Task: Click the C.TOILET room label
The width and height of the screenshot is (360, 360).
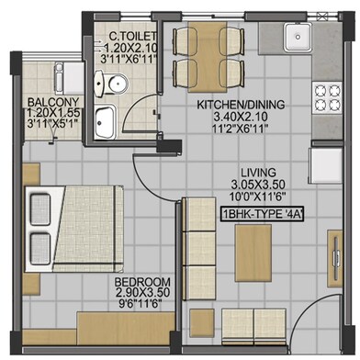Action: coord(133,37)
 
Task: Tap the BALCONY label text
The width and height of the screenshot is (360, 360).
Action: coord(53,102)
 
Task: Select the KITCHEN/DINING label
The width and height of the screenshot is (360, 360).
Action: coord(241,105)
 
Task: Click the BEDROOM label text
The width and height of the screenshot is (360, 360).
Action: coord(142,282)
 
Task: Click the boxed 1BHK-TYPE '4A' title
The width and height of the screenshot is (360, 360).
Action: coord(263,214)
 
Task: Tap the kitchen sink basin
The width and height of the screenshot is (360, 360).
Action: coord(298,37)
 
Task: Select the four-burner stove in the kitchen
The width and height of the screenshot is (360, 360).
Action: coord(327,97)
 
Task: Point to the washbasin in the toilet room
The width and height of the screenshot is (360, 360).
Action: coord(105,121)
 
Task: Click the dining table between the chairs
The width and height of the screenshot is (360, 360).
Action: coord(208,57)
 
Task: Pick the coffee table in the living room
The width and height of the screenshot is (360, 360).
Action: coord(253,253)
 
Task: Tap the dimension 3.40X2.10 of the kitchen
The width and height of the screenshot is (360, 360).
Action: coord(241,117)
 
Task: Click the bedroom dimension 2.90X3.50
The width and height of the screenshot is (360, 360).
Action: coord(142,292)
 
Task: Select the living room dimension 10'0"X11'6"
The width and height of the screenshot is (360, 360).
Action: coord(258,197)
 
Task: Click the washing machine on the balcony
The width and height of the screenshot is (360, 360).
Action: coord(69,78)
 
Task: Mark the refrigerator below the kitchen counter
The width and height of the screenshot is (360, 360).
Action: coord(326,165)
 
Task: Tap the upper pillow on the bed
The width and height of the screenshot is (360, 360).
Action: coord(40,209)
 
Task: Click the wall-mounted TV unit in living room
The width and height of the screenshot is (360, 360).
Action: coord(335,259)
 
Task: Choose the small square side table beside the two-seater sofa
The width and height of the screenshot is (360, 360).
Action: coord(202,321)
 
